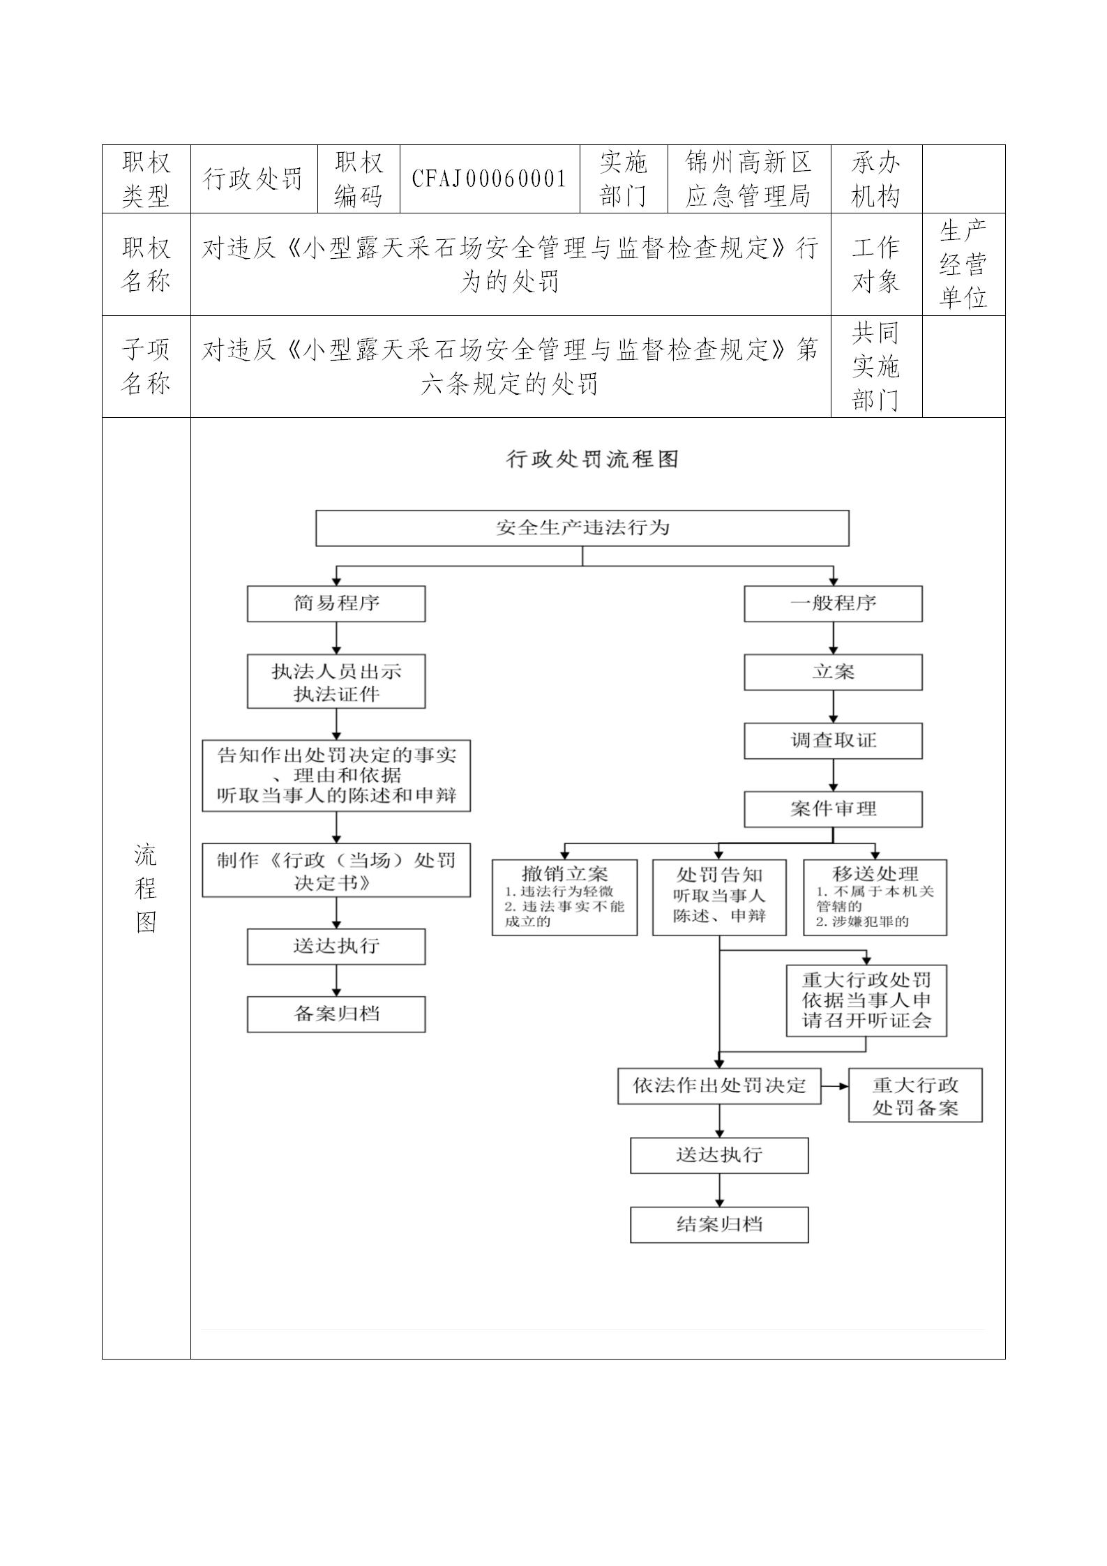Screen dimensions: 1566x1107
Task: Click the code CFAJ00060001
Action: pos(489,179)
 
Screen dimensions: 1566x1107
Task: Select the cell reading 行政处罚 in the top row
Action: pos(253,179)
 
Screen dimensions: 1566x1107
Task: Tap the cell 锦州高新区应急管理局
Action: pos(748,179)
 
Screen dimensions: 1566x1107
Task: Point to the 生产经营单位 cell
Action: pos(963,264)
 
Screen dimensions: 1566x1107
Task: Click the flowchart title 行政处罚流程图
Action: pos(592,459)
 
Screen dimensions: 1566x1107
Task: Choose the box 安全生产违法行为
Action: pos(582,527)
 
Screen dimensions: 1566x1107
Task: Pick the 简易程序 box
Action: pos(336,603)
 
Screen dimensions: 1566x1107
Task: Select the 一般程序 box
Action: pos(833,603)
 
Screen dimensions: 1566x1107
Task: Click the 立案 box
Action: pos(833,672)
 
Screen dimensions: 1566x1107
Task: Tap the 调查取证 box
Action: pos(833,741)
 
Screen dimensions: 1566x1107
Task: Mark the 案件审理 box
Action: pos(833,809)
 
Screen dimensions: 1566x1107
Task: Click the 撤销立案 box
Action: pos(564,897)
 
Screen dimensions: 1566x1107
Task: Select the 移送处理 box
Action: pos(875,897)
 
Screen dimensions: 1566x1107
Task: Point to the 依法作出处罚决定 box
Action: pos(719,1086)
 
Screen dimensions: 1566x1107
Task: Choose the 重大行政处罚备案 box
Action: pos(915,1095)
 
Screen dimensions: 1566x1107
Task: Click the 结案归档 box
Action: pos(719,1225)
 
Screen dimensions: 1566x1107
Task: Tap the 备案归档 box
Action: pos(336,1014)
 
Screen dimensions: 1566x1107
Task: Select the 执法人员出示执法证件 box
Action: pos(336,682)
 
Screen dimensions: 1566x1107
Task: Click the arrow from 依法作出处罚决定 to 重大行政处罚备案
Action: pos(835,1086)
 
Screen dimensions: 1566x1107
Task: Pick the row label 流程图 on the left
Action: pos(146,888)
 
